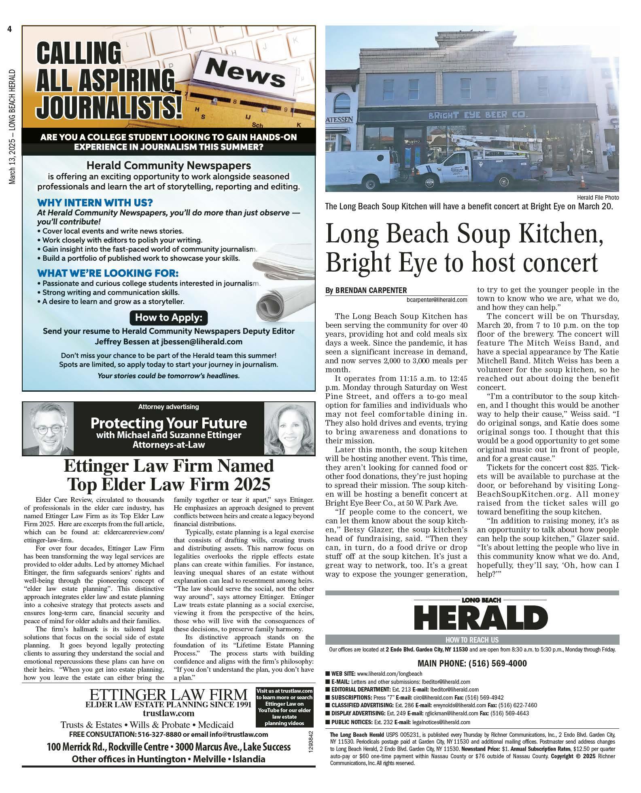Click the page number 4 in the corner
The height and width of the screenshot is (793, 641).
click(x=8, y=29)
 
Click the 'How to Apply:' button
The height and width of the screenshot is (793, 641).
click(x=168, y=317)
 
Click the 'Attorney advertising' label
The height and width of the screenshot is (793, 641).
click(x=168, y=407)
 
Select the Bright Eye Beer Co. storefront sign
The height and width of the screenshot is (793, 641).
click(x=472, y=115)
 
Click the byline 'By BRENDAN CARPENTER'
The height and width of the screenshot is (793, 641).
click(x=366, y=290)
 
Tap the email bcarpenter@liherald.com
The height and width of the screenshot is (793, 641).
click(x=437, y=300)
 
